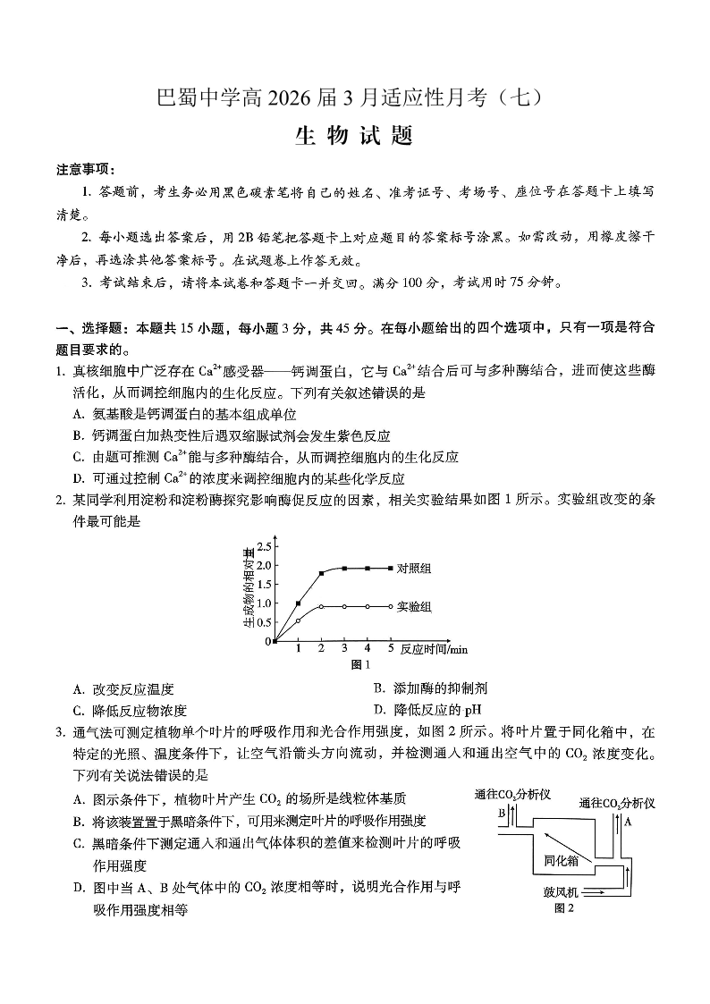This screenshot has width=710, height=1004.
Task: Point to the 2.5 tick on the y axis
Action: coord(264,546)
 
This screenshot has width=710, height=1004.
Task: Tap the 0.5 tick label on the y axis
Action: coord(264,622)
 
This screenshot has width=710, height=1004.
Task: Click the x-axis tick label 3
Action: coord(344,648)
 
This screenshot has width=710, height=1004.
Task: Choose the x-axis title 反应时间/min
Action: coord(434,649)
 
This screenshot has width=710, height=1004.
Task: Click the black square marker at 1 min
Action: coord(299,603)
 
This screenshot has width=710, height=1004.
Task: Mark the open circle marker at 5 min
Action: coord(391,606)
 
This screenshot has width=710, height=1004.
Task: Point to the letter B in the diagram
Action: coord(503,813)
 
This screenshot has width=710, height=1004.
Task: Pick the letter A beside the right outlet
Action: coord(628,820)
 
